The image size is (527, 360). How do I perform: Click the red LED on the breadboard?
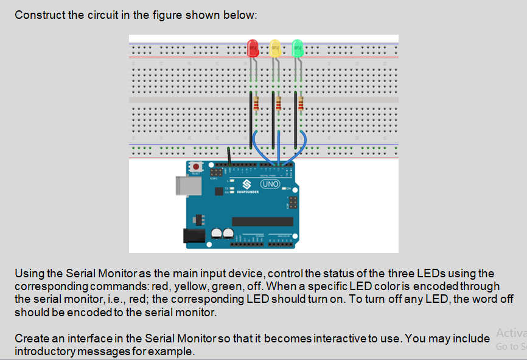tap(253, 47)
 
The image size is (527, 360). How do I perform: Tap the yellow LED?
tap(275, 48)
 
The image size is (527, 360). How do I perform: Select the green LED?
tap(297, 47)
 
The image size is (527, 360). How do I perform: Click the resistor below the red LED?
tap(257, 104)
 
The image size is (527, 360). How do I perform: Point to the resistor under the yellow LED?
tap(279, 104)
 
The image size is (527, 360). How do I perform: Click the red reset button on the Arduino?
tap(197, 167)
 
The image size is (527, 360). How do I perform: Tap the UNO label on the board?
tap(269, 184)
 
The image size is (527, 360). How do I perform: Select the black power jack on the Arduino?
tap(195, 237)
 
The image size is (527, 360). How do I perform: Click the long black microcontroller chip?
tap(262, 221)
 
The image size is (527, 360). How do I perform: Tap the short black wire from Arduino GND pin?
tap(229, 155)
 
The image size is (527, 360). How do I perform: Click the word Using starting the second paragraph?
tap(27, 274)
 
